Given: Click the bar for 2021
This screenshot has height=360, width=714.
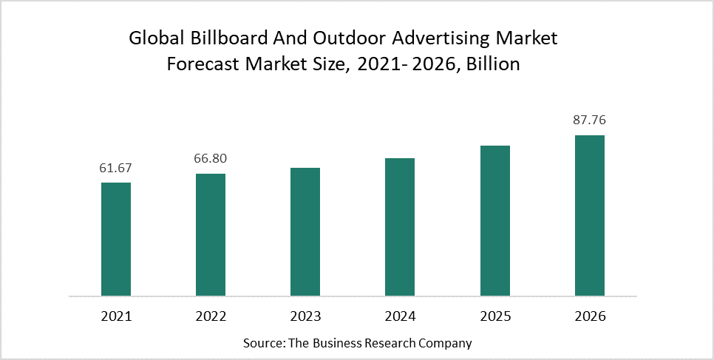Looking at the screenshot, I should pyautogui.click(x=116, y=239).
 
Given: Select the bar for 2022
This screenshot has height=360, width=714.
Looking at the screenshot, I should pyautogui.click(x=211, y=234).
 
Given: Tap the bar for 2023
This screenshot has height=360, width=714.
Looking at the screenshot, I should pyautogui.click(x=305, y=231).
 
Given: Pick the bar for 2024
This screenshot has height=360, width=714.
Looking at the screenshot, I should pyautogui.click(x=400, y=227).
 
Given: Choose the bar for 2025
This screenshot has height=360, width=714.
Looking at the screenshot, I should pyautogui.click(x=494, y=220).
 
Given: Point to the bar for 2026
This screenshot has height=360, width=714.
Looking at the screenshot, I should pyautogui.click(x=589, y=215).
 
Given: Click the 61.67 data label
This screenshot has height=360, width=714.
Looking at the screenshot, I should pyautogui.click(x=116, y=168).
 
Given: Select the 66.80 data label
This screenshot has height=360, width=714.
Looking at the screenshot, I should pyautogui.click(x=211, y=159).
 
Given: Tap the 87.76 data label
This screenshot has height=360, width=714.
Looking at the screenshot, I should pyautogui.click(x=589, y=120).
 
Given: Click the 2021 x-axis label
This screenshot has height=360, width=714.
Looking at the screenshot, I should pyautogui.click(x=116, y=316).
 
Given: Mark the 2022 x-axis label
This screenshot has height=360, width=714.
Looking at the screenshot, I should pyautogui.click(x=211, y=316).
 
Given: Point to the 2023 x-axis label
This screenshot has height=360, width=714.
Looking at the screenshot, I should pyautogui.click(x=305, y=316).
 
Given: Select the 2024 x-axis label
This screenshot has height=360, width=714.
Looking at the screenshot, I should pyautogui.click(x=400, y=316).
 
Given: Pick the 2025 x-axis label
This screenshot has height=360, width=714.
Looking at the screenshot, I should pyautogui.click(x=494, y=316).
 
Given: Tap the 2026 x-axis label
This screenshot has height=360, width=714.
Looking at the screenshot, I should pyautogui.click(x=589, y=316).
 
